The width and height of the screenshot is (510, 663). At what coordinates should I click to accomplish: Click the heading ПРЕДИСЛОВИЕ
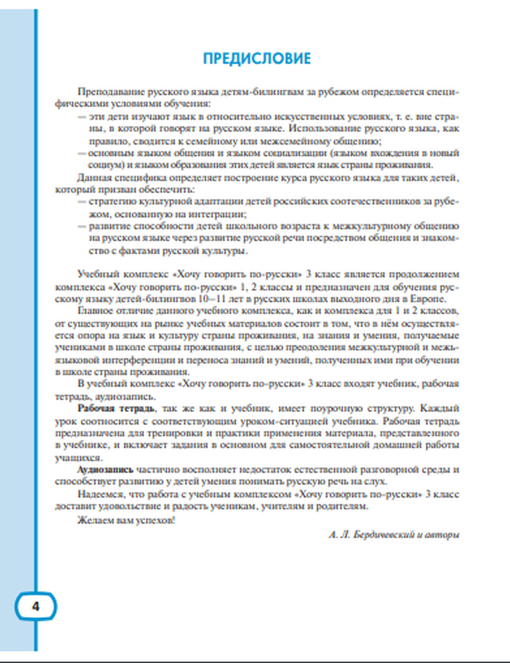point(257,59)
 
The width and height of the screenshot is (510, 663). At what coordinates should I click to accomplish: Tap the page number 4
point(35,606)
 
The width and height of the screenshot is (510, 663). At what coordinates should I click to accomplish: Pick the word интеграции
point(221,214)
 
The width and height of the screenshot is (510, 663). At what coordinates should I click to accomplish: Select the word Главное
point(95,311)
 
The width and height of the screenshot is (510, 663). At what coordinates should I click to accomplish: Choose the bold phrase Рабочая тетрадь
point(115,409)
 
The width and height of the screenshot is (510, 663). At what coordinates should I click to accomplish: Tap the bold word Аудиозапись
point(105,470)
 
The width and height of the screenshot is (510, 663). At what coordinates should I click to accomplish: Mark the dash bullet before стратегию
point(82,202)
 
